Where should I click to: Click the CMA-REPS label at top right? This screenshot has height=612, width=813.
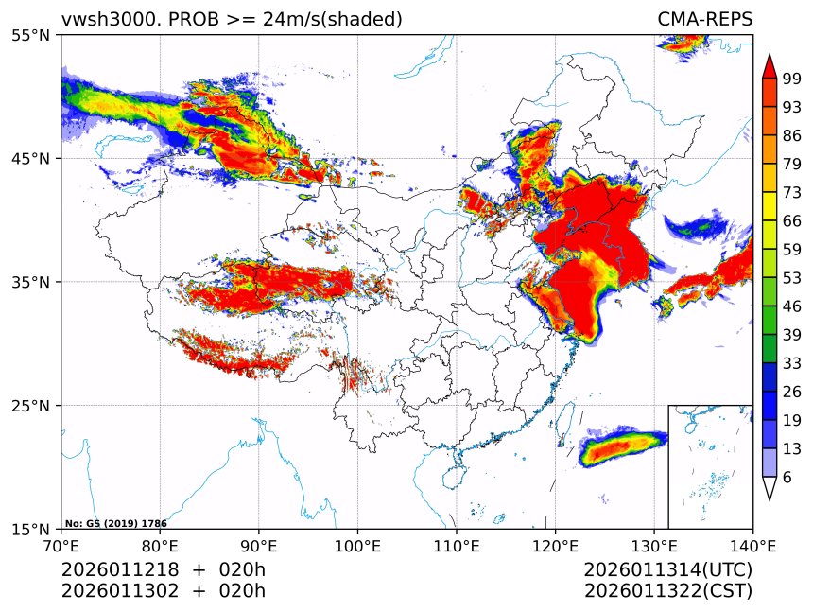[x=704, y=19]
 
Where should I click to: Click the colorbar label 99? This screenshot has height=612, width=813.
[x=791, y=79]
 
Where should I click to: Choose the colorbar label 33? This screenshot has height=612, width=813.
[x=791, y=363]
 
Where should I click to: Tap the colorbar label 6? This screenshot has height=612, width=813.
[x=787, y=478]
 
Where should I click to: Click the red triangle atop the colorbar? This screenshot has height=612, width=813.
[x=770, y=65]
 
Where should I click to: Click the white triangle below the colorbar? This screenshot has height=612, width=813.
[x=770, y=488]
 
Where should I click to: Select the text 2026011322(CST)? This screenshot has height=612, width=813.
[x=667, y=591]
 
